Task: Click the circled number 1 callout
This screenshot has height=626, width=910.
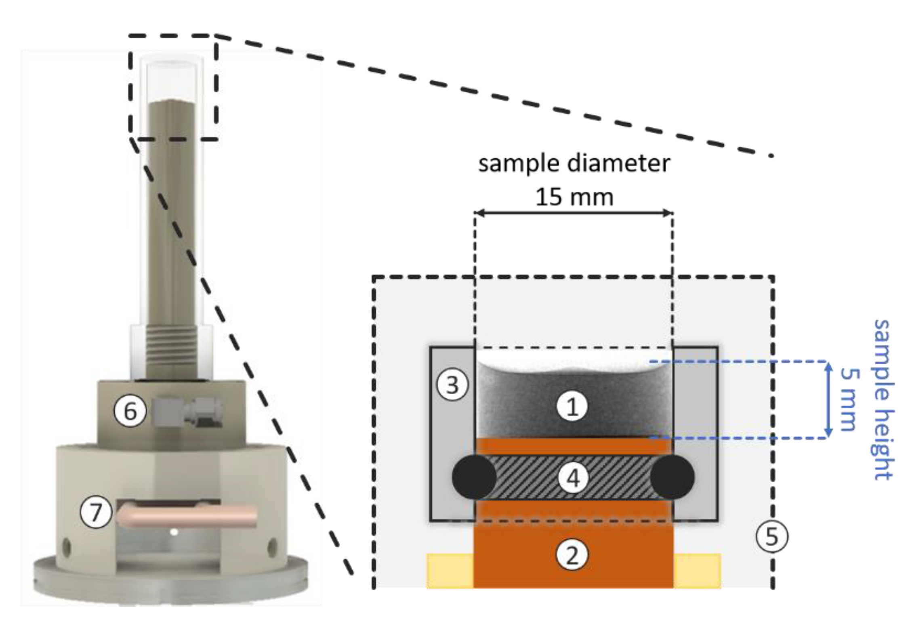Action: (x=572, y=407)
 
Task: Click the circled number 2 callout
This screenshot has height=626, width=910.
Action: (x=572, y=556)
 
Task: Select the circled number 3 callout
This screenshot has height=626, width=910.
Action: (x=452, y=385)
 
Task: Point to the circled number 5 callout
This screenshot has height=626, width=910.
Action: (x=771, y=537)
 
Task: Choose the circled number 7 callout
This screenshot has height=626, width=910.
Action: (x=96, y=512)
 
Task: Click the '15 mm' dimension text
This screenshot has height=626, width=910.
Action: (x=574, y=197)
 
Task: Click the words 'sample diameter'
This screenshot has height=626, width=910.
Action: (x=574, y=164)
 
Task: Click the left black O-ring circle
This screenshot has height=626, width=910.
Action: (x=473, y=477)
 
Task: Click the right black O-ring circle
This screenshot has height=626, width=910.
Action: (x=673, y=477)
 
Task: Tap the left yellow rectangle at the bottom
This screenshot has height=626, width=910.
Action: (x=450, y=570)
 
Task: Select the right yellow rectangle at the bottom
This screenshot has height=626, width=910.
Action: (x=697, y=570)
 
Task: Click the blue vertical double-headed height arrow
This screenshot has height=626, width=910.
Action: (x=828, y=399)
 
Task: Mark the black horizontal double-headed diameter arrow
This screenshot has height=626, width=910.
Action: (x=574, y=213)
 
